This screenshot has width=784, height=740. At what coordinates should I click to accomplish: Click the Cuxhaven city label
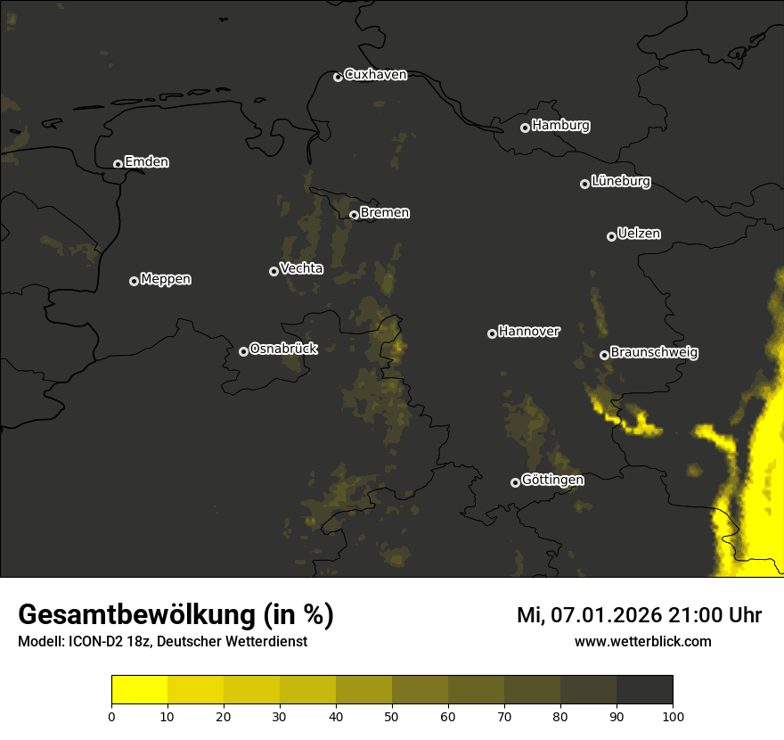(x=375, y=75)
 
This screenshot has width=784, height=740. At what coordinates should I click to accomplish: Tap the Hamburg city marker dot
(x=525, y=127)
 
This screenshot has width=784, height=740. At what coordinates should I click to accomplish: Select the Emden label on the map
(x=146, y=162)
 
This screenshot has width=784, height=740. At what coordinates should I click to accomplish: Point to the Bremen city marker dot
(x=354, y=215)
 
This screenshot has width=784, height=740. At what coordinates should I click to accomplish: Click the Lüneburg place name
(x=620, y=182)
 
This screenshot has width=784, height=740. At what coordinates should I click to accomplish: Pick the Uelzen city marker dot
(x=611, y=236)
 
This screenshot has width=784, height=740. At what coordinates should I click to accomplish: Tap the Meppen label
(x=166, y=279)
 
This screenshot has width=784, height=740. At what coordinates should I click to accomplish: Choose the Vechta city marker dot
(x=274, y=271)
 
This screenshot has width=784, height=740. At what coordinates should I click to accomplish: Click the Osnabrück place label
(x=283, y=349)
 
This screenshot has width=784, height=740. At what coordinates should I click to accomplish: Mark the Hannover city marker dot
(x=492, y=333)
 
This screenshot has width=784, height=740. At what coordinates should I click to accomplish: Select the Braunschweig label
(x=654, y=353)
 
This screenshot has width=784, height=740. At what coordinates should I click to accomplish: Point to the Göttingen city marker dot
(x=515, y=482)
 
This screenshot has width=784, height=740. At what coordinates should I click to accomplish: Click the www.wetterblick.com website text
(x=642, y=641)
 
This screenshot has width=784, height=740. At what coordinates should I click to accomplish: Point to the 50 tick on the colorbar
(x=392, y=715)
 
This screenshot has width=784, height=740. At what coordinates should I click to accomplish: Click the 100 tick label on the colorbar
(x=673, y=715)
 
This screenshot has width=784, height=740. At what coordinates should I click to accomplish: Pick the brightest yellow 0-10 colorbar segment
(x=139, y=690)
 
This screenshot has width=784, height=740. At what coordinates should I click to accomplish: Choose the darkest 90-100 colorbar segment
(x=644, y=690)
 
